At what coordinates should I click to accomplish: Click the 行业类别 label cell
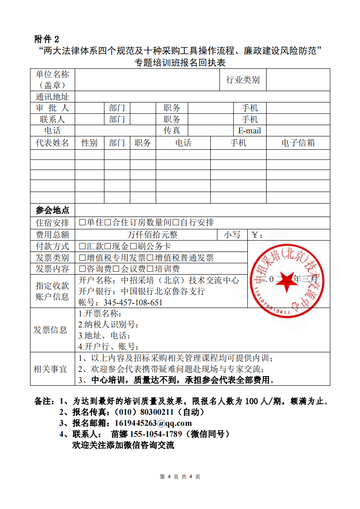[x=243, y=80]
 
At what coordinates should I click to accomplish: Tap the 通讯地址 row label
[x=52, y=97]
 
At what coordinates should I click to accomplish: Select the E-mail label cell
[x=249, y=131]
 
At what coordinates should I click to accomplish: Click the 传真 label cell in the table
[x=172, y=131]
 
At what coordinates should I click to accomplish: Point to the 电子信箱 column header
[x=298, y=143]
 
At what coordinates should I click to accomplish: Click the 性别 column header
[x=89, y=143]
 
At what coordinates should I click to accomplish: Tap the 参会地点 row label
[x=52, y=211]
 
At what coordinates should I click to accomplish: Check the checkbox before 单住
[x=82, y=223]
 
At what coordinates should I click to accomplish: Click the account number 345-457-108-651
[x=133, y=303]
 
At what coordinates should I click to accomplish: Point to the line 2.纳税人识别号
[x=109, y=325]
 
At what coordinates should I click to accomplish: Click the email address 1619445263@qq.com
[x=153, y=423]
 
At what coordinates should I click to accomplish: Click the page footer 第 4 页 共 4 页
[x=180, y=477]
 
